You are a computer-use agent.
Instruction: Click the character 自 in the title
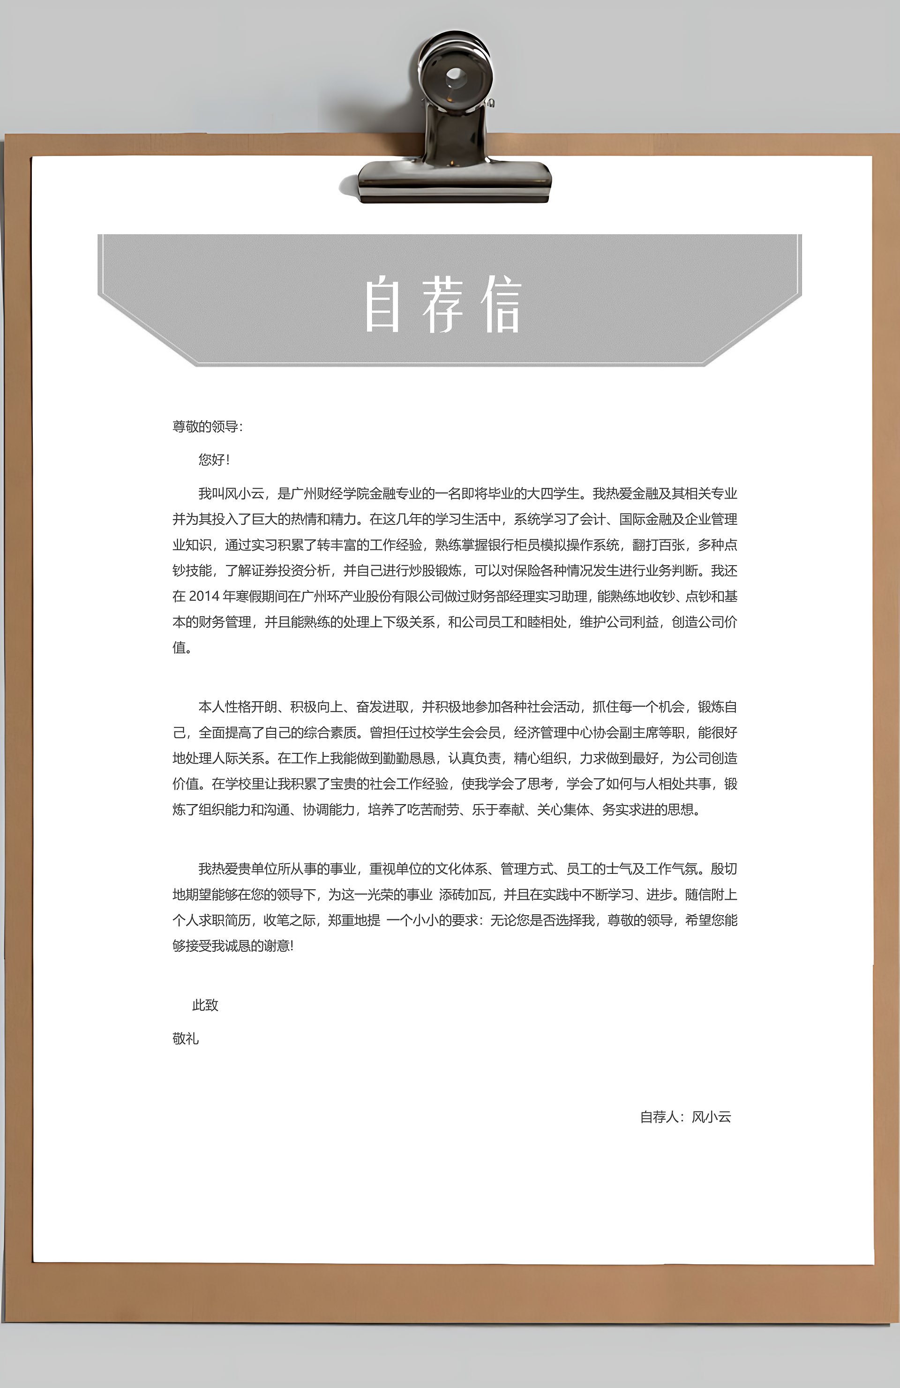pyautogui.click(x=382, y=305)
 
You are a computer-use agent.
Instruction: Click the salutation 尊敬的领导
pyautogui.click(x=205, y=427)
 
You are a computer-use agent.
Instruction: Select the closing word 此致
pyautogui.click(x=205, y=1005)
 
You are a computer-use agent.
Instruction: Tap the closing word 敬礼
pyautogui.click(x=186, y=1039)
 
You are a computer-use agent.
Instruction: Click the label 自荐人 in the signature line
pyautogui.click(x=659, y=1117)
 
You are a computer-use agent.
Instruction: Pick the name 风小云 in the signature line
pyautogui.click(x=711, y=1117)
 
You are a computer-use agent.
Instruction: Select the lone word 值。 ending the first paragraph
pyautogui.click(x=181, y=647)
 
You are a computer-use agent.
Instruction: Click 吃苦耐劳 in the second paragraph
pyautogui.click(x=432, y=809)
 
